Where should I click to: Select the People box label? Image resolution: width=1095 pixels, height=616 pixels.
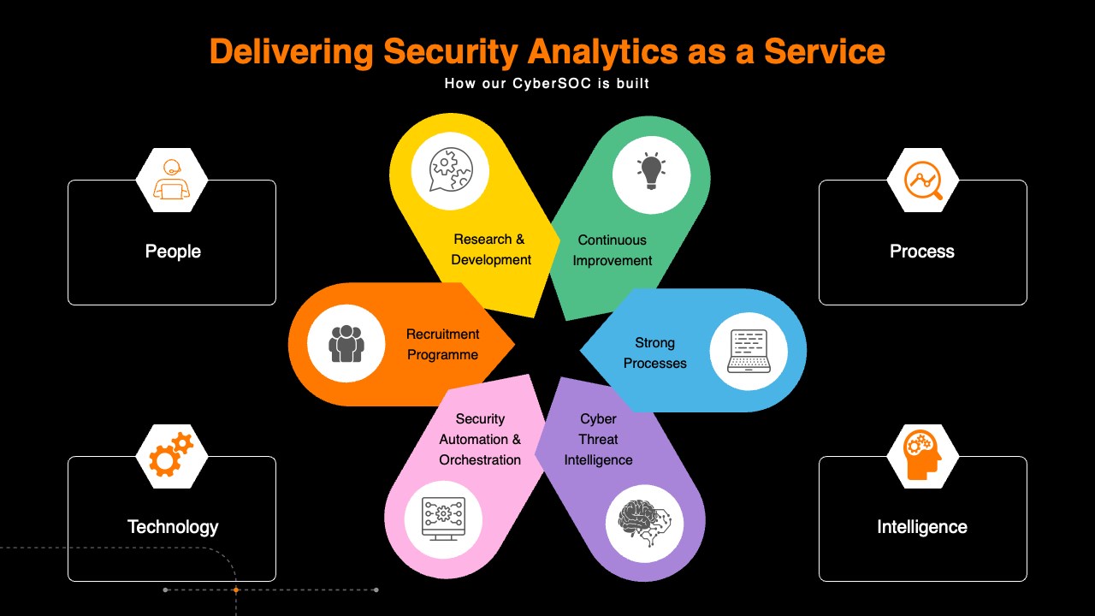pyautogui.click(x=173, y=252)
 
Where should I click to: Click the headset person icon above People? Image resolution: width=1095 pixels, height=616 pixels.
pyautogui.click(x=172, y=180)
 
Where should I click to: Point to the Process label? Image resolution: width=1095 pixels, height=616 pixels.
pyautogui.click(x=922, y=252)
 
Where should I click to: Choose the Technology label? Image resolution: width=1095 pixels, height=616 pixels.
pyautogui.click(x=173, y=527)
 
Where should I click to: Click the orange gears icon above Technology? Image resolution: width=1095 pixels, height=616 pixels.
pyautogui.click(x=171, y=455)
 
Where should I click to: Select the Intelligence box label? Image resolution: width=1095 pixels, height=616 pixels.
pyautogui.click(x=922, y=527)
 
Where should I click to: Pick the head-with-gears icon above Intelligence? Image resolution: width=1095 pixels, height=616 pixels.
pyautogui.click(x=923, y=455)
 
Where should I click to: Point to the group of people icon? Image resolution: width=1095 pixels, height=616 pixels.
pyautogui.click(x=346, y=344)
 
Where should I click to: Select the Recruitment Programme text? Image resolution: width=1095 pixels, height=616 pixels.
pyautogui.click(x=442, y=345)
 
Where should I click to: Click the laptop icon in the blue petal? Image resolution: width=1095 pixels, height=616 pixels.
pyautogui.click(x=749, y=352)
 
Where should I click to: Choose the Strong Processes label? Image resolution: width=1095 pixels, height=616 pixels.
pyautogui.click(x=655, y=353)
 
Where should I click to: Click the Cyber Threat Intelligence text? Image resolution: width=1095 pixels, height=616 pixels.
pyautogui.click(x=598, y=440)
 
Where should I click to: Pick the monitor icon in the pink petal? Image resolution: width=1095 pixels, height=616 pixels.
pyautogui.click(x=443, y=518)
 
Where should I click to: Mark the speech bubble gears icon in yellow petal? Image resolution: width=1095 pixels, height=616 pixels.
pyautogui.click(x=450, y=169)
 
